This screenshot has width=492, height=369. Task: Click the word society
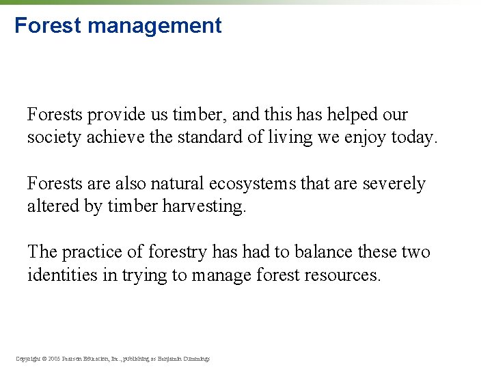click(x=51, y=137)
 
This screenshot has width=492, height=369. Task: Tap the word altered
click(x=53, y=206)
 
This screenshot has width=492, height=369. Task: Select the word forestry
click(x=178, y=252)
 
